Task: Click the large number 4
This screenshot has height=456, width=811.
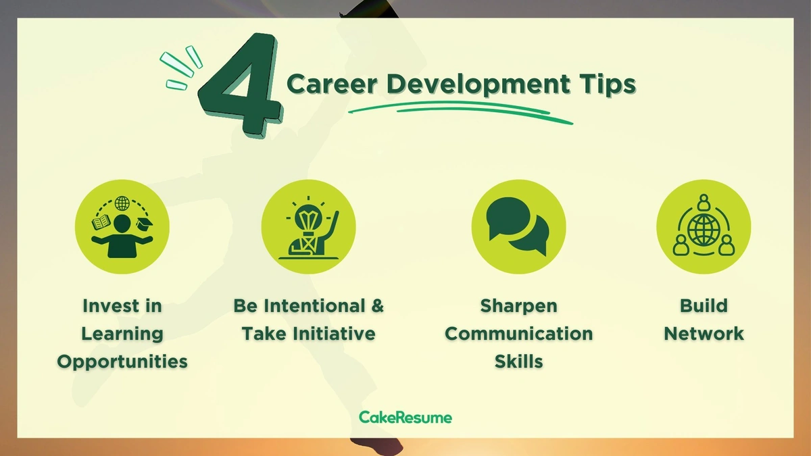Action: pos(240,84)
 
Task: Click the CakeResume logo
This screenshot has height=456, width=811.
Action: pos(405,417)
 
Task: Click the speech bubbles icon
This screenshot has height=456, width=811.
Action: pos(518,226)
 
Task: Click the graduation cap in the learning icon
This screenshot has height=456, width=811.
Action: pos(145,224)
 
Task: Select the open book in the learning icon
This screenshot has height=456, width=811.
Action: pos(100,223)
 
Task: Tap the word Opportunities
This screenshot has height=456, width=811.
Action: pos(122,361)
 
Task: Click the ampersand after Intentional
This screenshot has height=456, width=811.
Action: pos(377,306)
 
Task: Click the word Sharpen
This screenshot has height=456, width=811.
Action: pos(518,307)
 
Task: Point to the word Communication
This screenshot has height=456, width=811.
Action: pos(518,334)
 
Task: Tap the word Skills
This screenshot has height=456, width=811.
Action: pos(518,361)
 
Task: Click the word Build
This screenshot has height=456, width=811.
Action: pos(704,306)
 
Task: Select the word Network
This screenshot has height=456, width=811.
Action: pos(704,334)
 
